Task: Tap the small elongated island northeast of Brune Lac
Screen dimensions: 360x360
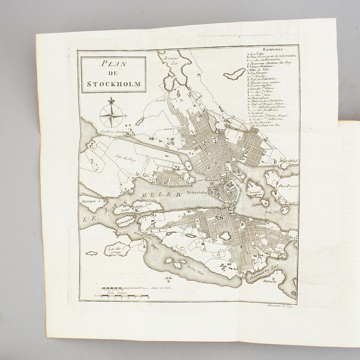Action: tap(234, 74)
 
